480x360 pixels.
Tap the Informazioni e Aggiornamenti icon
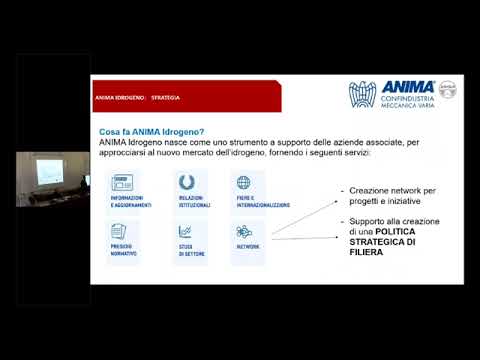point(124,183)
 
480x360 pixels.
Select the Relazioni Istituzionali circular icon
point(185,183)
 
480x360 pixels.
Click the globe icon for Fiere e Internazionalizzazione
point(243,183)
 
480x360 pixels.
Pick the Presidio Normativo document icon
point(122,232)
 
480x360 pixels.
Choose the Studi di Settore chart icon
point(185,232)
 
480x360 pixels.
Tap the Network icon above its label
point(243,232)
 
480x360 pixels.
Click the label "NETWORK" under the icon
point(247,246)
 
